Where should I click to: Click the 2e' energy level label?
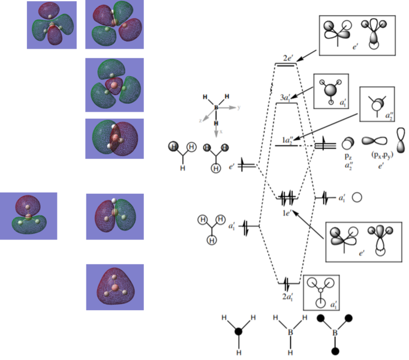click(288, 58)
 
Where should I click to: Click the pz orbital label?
click(348, 155)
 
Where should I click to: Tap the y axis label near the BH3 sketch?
click(238, 107)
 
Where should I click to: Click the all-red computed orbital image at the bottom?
click(115, 287)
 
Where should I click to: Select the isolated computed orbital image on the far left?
click(29, 216)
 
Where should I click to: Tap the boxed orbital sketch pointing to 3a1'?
click(330, 91)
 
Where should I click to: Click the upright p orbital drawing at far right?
click(401, 140)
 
